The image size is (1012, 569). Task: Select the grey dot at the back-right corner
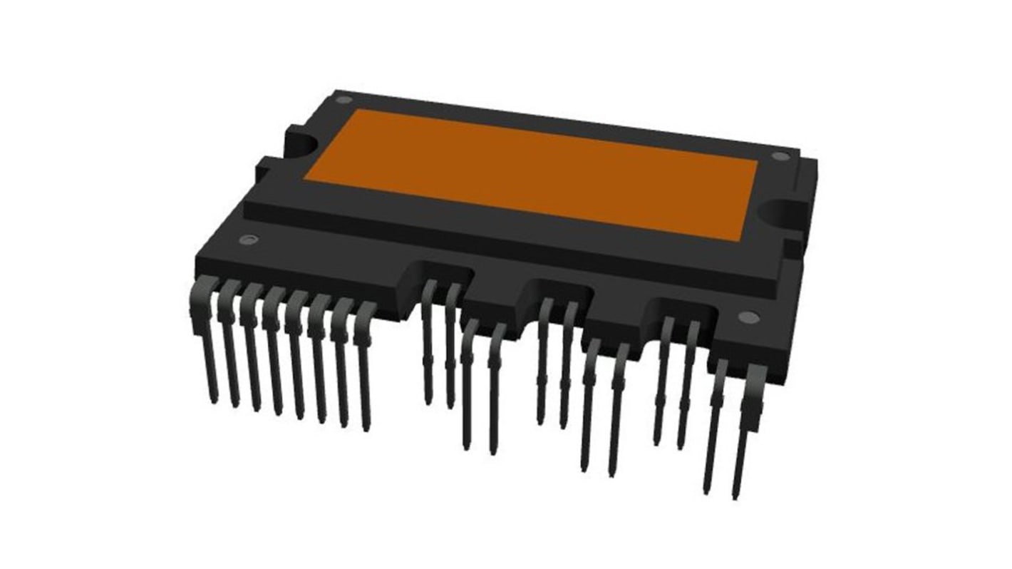[780, 156]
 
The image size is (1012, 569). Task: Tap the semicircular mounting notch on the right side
[782, 212]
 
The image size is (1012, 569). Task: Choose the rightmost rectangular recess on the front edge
[681, 309]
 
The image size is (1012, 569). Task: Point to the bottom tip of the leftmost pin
[214, 401]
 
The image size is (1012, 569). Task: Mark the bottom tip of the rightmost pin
[735, 496]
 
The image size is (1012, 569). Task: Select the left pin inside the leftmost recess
[428, 342]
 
